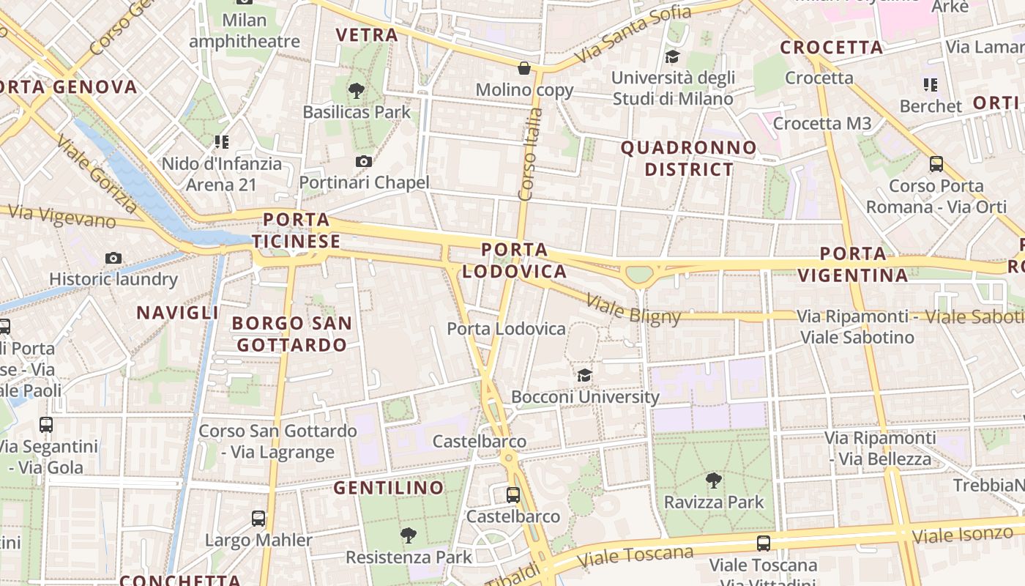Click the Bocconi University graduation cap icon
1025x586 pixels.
click(584, 376)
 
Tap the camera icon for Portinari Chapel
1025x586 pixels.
click(364, 161)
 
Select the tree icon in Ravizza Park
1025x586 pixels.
click(713, 481)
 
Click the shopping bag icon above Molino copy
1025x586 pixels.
click(524, 68)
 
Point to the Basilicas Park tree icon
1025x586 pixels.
click(357, 91)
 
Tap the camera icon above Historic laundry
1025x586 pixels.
click(113, 258)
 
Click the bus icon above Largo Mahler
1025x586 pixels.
click(258, 519)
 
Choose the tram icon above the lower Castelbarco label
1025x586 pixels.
click(513, 494)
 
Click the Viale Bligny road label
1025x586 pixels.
click(634, 310)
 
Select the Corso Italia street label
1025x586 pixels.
click(529, 155)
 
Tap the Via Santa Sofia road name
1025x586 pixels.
click(633, 34)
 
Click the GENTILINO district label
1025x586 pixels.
click(389, 488)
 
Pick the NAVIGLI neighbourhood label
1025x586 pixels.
click(178, 313)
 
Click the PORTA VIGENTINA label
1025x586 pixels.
click(853, 264)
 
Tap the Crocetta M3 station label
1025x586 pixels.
click(822, 123)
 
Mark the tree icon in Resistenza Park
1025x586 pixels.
click(409, 535)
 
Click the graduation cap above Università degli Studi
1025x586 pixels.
click(672, 56)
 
